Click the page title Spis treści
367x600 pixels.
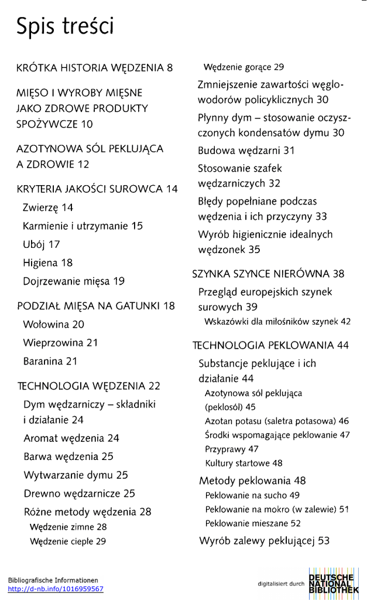pyautogui.click(x=65, y=27)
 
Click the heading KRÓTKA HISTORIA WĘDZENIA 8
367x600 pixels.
pyautogui.click(x=95, y=67)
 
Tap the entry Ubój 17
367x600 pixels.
pyautogui.click(x=42, y=244)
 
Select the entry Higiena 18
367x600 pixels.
pyautogui.click(x=48, y=263)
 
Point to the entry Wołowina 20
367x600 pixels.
pyautogui.click(x=54, y=324)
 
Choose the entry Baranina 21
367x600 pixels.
pyautogui.click(x=50, y=362)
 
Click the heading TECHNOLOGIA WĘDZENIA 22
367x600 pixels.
pyautogui.click(x=88, y=386)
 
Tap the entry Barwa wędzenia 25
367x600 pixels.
pyautogui.click(x=68, y=456)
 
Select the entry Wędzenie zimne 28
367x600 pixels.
pyautogui.click(x=68, y=527)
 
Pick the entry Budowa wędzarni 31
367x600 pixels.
pyautogui.click(x=246, y=151)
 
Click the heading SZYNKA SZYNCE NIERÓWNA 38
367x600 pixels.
pyautogui.click(x=269, y=274)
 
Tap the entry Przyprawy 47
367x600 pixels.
pyautogui.click(x=232, y=449)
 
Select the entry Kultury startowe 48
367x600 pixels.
pyautogui.click(x=243, y=463)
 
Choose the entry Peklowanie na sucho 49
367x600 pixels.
pyautogui.click(x=252, y=496)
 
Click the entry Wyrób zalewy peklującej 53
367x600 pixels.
pyautogui.click(x=265, y=540)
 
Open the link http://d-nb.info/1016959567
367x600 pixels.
pyautogui.click(x=56, y=589)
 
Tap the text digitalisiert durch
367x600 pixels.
pyautogui.click(x=281, y=584)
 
